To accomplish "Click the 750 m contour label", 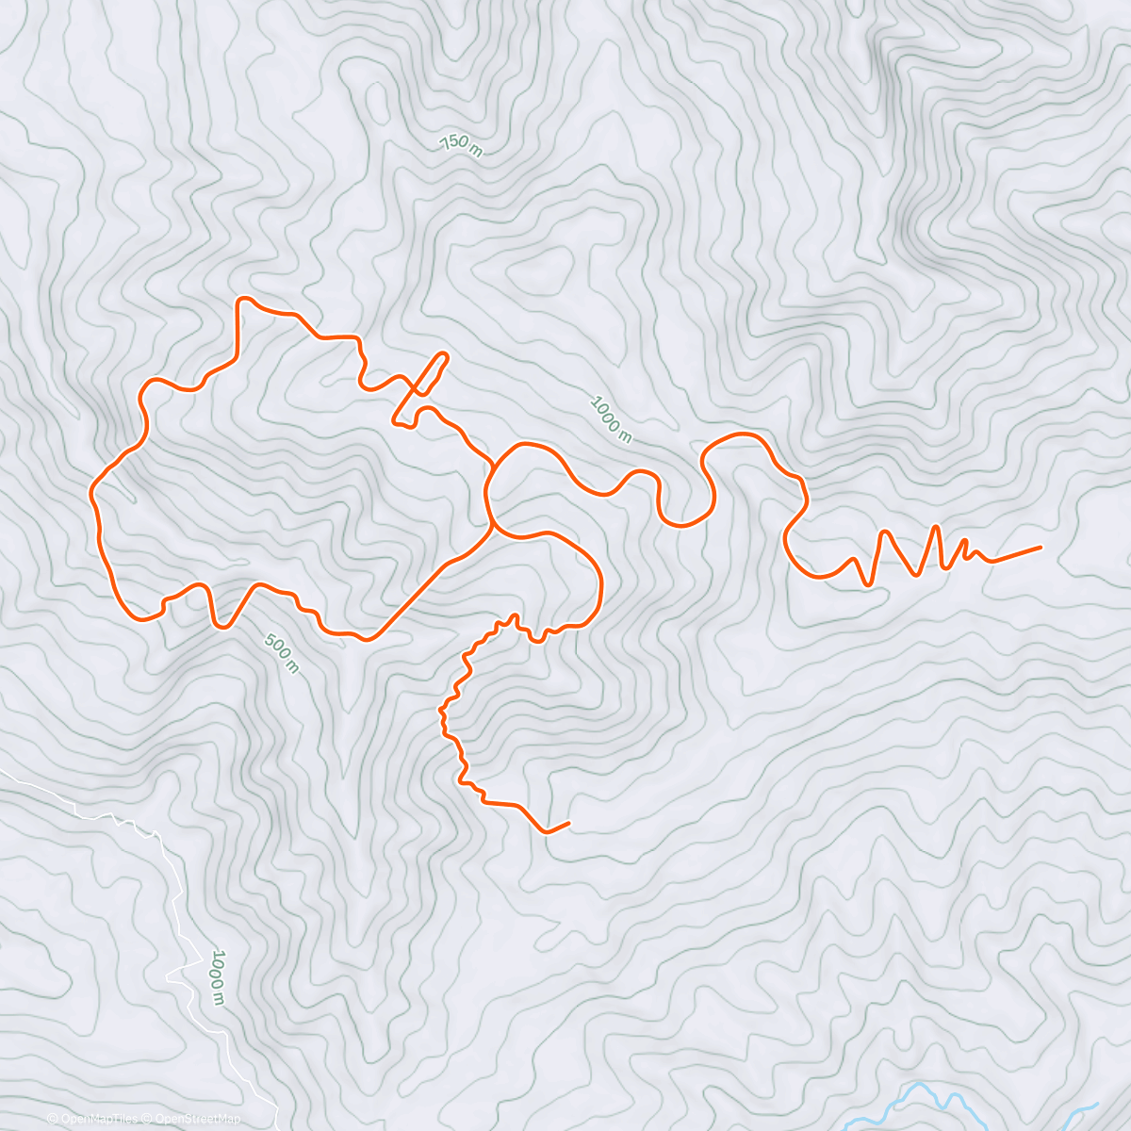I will [461, 146].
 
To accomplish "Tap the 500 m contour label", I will [282, 653].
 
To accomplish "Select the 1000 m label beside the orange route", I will [610, 418].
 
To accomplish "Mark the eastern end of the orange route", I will [1041, 547].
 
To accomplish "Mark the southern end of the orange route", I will [568, 824].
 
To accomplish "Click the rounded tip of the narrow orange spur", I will [443, 356].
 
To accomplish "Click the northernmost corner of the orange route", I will [244, 300].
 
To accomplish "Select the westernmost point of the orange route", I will [91, 492].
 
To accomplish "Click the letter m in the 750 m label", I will [476, 152].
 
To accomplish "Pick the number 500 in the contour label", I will [277, 647].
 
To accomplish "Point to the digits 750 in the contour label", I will [454, 143].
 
